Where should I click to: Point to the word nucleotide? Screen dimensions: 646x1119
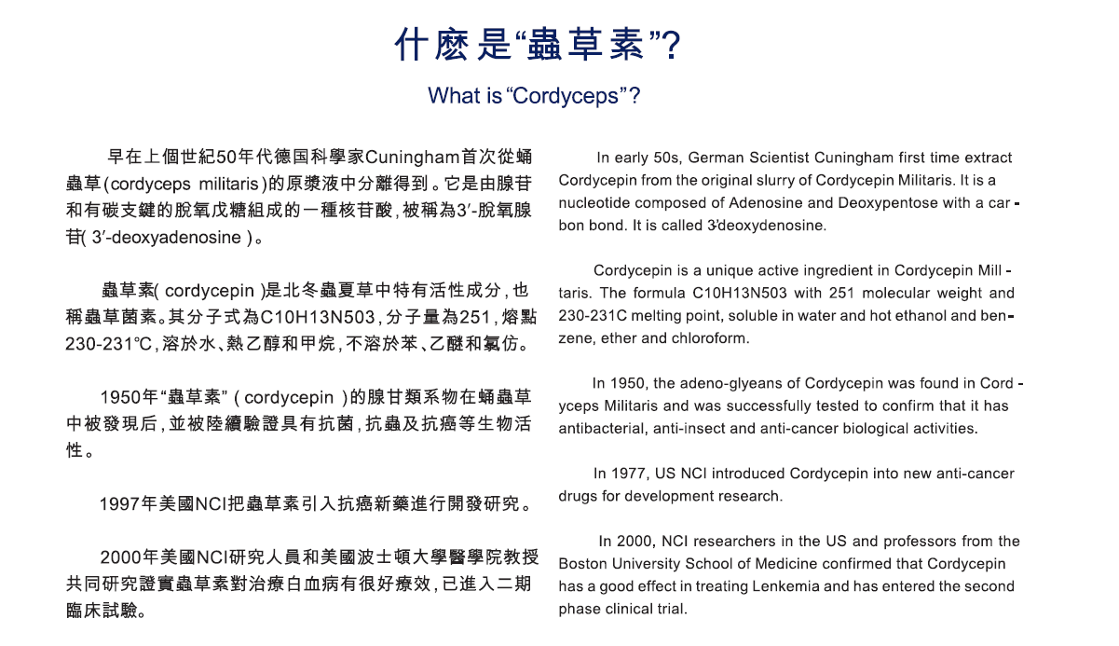(594, 203)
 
